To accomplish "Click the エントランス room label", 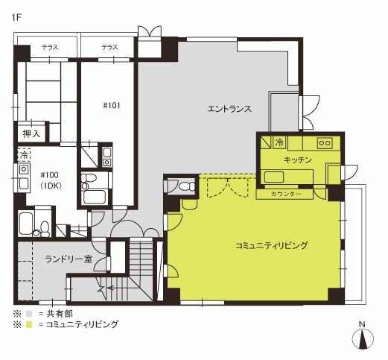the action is click(229, 109).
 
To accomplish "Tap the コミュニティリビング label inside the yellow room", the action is click(271, 245).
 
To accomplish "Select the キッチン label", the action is click(297, 160).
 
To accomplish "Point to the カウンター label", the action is click(286, 194).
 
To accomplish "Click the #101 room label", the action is click(112, 106).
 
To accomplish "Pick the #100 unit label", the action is click(50, 175).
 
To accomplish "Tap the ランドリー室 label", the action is click(69, 259).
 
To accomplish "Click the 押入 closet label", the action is click(31, 134).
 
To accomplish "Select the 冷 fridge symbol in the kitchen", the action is click(279, 142).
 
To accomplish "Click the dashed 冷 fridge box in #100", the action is click(24, 155).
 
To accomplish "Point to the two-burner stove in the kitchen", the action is click(325, 143).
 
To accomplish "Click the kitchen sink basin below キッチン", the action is click(274, 177).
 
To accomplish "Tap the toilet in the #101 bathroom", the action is click(88, 180).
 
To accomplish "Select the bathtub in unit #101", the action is click(95, 197).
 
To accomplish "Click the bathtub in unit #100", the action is click(25, 224).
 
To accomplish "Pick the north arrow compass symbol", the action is click(363, 338).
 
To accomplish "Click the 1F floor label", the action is click(16, 18).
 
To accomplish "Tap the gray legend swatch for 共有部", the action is click(29, 314).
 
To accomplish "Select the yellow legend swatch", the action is click(29, 324).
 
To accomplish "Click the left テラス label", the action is click(50, 47).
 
